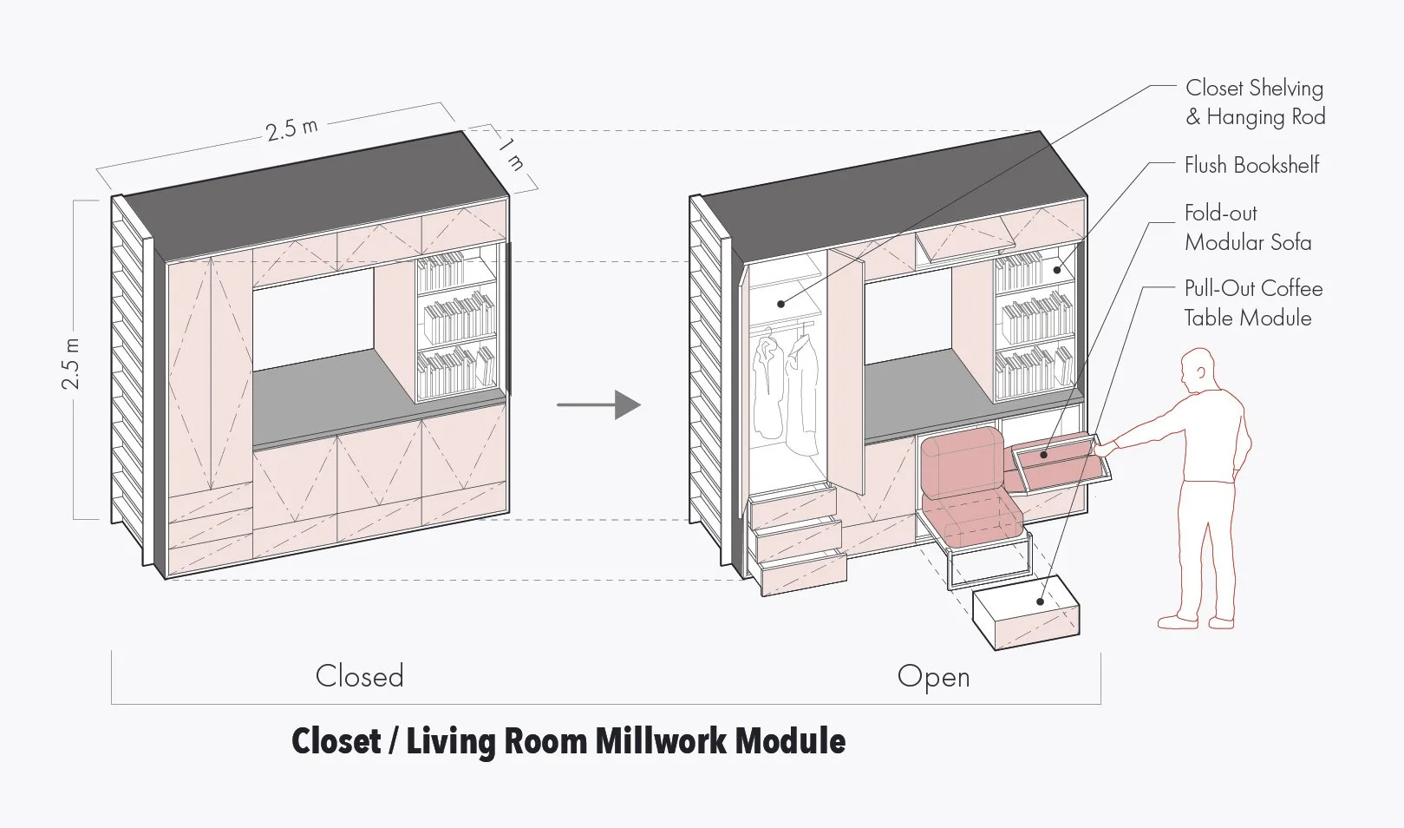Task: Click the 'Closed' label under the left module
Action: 360,676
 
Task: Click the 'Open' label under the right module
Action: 933,676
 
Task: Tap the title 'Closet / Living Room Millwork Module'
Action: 568,741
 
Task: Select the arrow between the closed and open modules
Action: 598,404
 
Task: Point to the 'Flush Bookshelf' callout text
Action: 1251,165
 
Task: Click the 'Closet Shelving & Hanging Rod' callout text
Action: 1255,102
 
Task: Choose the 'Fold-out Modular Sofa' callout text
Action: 1248,227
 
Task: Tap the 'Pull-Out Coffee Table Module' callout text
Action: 1253,303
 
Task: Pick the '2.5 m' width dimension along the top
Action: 291,128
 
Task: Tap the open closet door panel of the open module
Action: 846,365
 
